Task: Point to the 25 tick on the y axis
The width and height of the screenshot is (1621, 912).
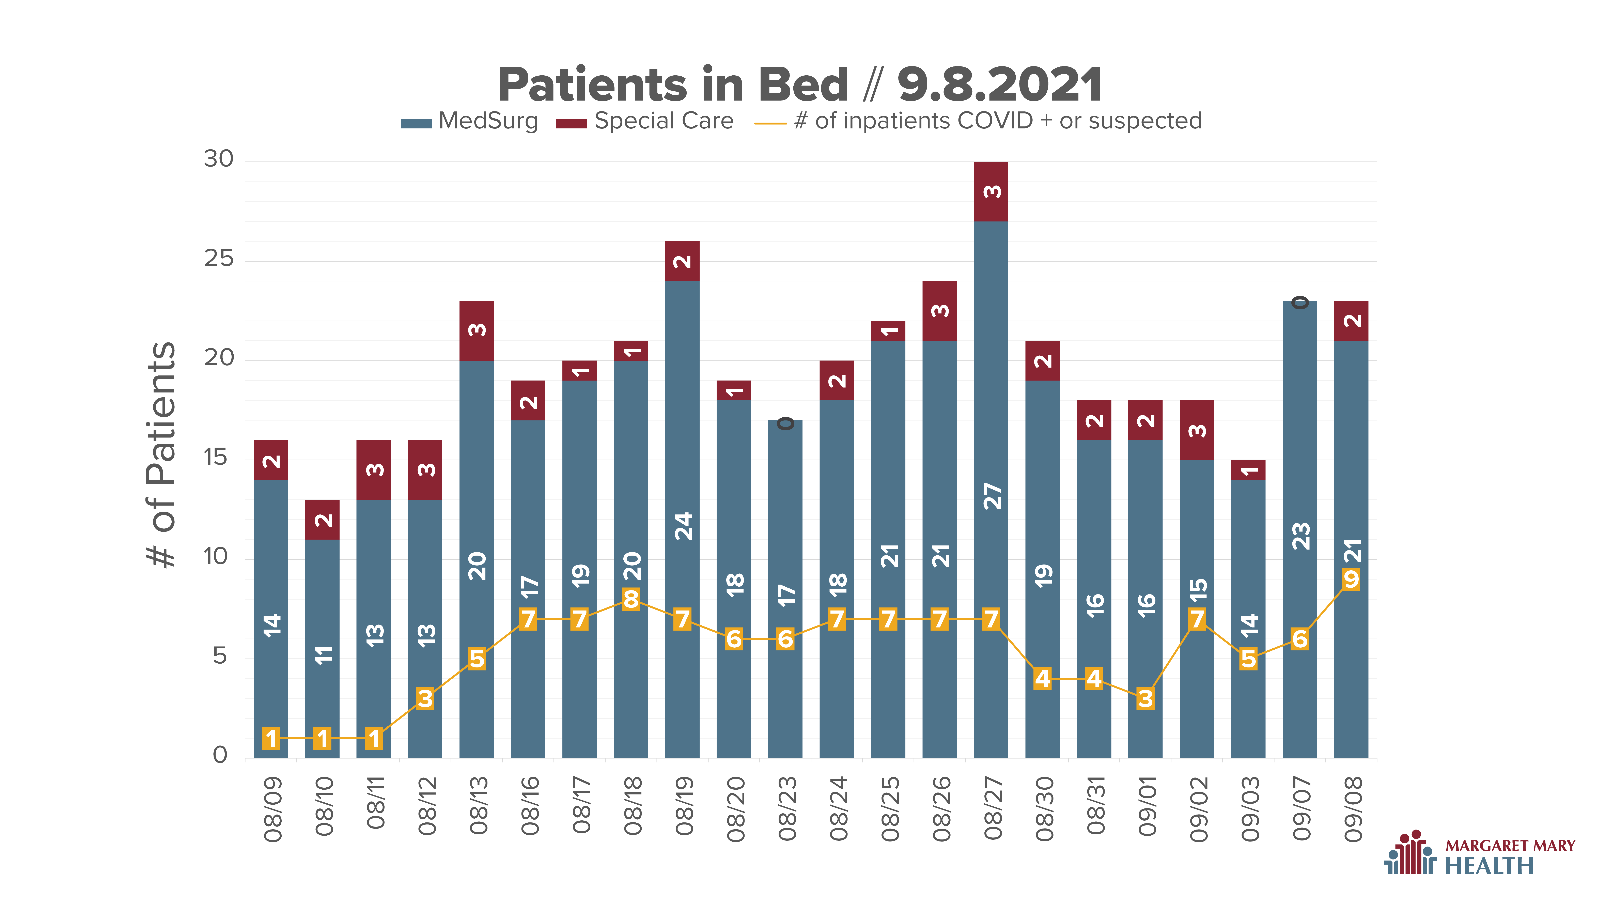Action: [x=218, y=259]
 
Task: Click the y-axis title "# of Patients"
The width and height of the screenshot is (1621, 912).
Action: [x=161, y=454]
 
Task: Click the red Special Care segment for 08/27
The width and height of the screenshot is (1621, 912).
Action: [x=991, y=191]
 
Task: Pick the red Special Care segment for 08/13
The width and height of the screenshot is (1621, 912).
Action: [x=476, y=330]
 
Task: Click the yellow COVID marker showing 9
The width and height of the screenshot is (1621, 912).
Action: [x=1351, y=579]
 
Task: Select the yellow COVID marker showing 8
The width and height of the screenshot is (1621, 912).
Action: [x=631, y=599]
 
